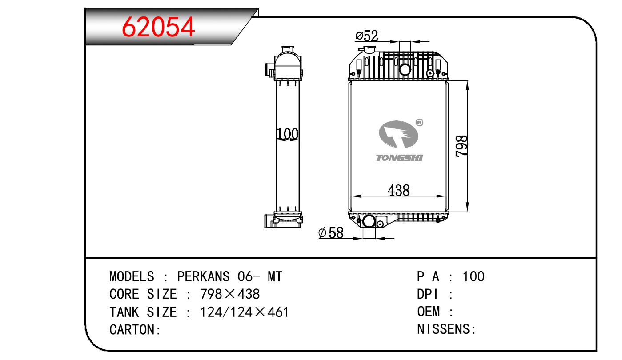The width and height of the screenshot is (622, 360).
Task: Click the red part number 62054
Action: pyautogui.click(x=158, y=27)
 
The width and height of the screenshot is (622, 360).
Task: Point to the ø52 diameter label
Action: pyautogui.click(x=366, y=36)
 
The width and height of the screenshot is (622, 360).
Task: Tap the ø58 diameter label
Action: pyautogui.click(x=331, y=233)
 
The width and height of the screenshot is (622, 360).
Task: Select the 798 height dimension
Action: pyautogui.click(x=461, y=146)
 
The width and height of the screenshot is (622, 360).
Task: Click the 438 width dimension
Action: pyautogui.click(x=398, y=190)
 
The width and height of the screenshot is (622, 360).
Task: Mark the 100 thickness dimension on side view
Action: pyautogui.click(x=288, y=134)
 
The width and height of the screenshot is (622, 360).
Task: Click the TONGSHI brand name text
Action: pyautogui.click(x=399, y=158)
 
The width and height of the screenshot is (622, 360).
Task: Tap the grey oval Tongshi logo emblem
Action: pyautogui.click(x=398, y=134)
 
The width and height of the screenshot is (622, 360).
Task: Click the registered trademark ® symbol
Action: pyautogui.click(x=419, y=122)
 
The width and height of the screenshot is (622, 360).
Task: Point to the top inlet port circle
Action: pyautogui.click(x=405, y=69)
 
